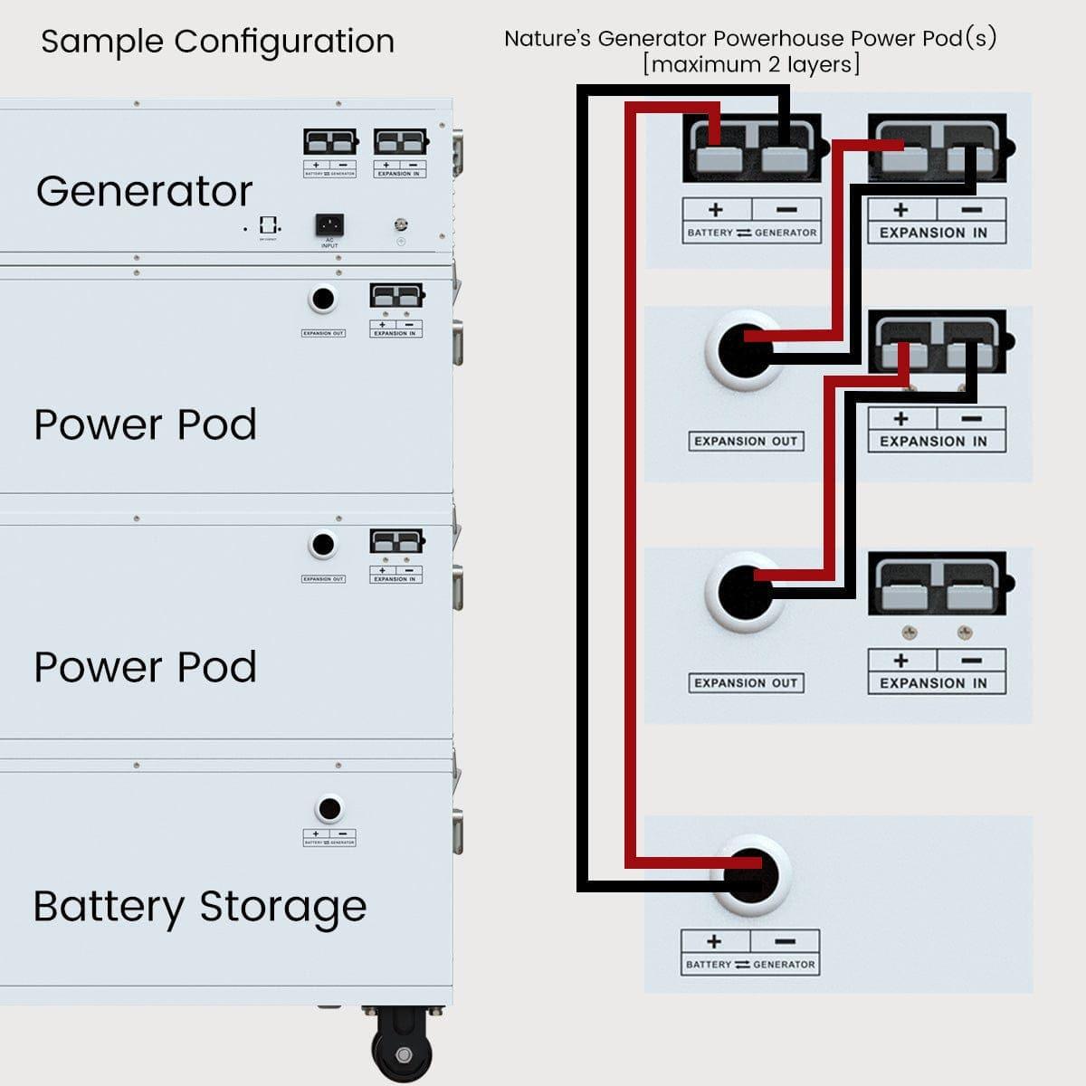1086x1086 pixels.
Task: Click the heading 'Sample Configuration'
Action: pos(217,42)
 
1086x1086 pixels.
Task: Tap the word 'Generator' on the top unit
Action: pos(145,192)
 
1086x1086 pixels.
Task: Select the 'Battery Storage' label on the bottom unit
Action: pos(200,906)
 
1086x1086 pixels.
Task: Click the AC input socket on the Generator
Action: pos(329,224)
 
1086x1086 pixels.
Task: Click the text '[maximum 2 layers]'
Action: pos(750,65)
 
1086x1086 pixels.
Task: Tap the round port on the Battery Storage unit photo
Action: pos(329,807)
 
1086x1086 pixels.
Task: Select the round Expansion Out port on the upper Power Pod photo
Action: pos(322,298)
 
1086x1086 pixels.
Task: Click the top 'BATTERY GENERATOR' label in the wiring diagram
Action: pos(751,233)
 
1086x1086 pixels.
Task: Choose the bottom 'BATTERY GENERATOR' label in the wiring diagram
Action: pos(750,965)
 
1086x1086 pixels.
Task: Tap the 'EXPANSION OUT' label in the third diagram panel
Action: pos(746,683)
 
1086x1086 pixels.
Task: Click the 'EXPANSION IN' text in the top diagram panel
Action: pos(933,233)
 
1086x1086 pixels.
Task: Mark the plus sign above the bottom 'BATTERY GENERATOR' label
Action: pos(714,941)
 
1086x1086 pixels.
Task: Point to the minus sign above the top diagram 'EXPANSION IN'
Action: pos(970,210)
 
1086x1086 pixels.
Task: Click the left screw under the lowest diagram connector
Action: pos(909,632)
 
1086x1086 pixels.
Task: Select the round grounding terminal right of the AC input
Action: pos(400,224)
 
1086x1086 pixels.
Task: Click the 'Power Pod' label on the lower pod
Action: pos(145,667)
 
